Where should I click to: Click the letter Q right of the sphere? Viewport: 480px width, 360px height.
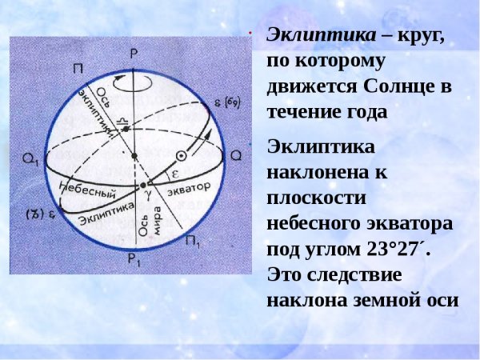(x=235, y=155)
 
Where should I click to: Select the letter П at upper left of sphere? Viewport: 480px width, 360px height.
(x=78, y=69)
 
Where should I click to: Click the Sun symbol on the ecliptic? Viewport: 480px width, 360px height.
(x=182, y=157)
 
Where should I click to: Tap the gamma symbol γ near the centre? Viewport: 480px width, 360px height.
(x=146, y=194)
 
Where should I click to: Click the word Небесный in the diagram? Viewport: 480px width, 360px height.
(x=88, y=190)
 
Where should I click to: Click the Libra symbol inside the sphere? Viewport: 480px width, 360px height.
(x=123, y=121)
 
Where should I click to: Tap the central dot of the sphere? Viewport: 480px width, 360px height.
(x=134, y=155)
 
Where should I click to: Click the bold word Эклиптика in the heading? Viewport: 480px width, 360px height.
(x=310, y=36)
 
